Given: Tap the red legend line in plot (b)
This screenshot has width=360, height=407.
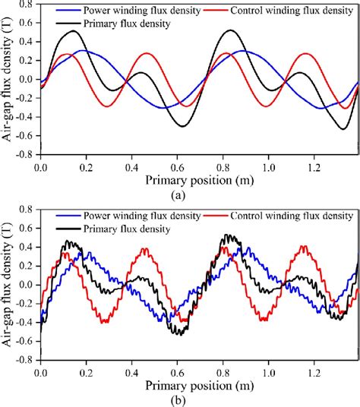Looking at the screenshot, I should (219, 216).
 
